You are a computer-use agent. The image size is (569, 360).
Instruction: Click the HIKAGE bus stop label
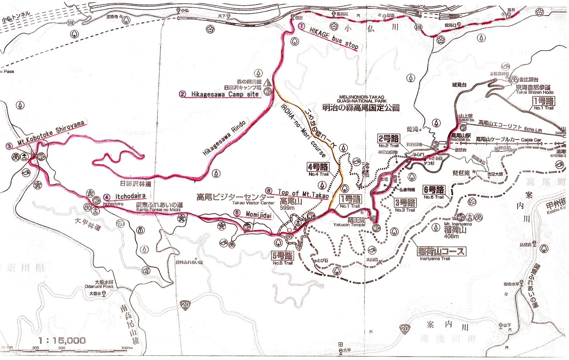coord(334,39)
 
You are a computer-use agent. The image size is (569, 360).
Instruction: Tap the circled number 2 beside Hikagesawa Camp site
coord(182,94)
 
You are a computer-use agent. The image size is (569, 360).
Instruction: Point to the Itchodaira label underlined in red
coord(130,197)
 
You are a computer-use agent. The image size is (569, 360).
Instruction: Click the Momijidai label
coord(258,215)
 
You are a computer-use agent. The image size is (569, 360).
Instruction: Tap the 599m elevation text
coord(287,208)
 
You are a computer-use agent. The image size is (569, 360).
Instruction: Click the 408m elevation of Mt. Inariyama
coord(451,236)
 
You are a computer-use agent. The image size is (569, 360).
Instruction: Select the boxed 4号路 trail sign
coord(318,167)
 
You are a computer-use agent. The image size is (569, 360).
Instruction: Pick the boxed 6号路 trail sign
coord(434,190)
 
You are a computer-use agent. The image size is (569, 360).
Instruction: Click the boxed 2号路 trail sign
coord(389,138)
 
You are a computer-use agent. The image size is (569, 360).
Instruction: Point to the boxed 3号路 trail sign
coord(405,202)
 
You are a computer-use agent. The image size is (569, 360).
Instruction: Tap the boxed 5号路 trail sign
coord(283,256)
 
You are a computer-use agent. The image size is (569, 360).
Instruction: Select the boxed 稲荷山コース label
coord(441,251)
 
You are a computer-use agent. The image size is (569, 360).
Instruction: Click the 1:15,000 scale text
coord(62,340)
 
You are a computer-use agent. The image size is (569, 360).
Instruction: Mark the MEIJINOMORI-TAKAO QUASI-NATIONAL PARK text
coord(361,99)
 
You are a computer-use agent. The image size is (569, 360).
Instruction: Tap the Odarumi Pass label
coord(99,286)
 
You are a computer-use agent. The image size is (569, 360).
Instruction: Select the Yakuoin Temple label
coord(349,225)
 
